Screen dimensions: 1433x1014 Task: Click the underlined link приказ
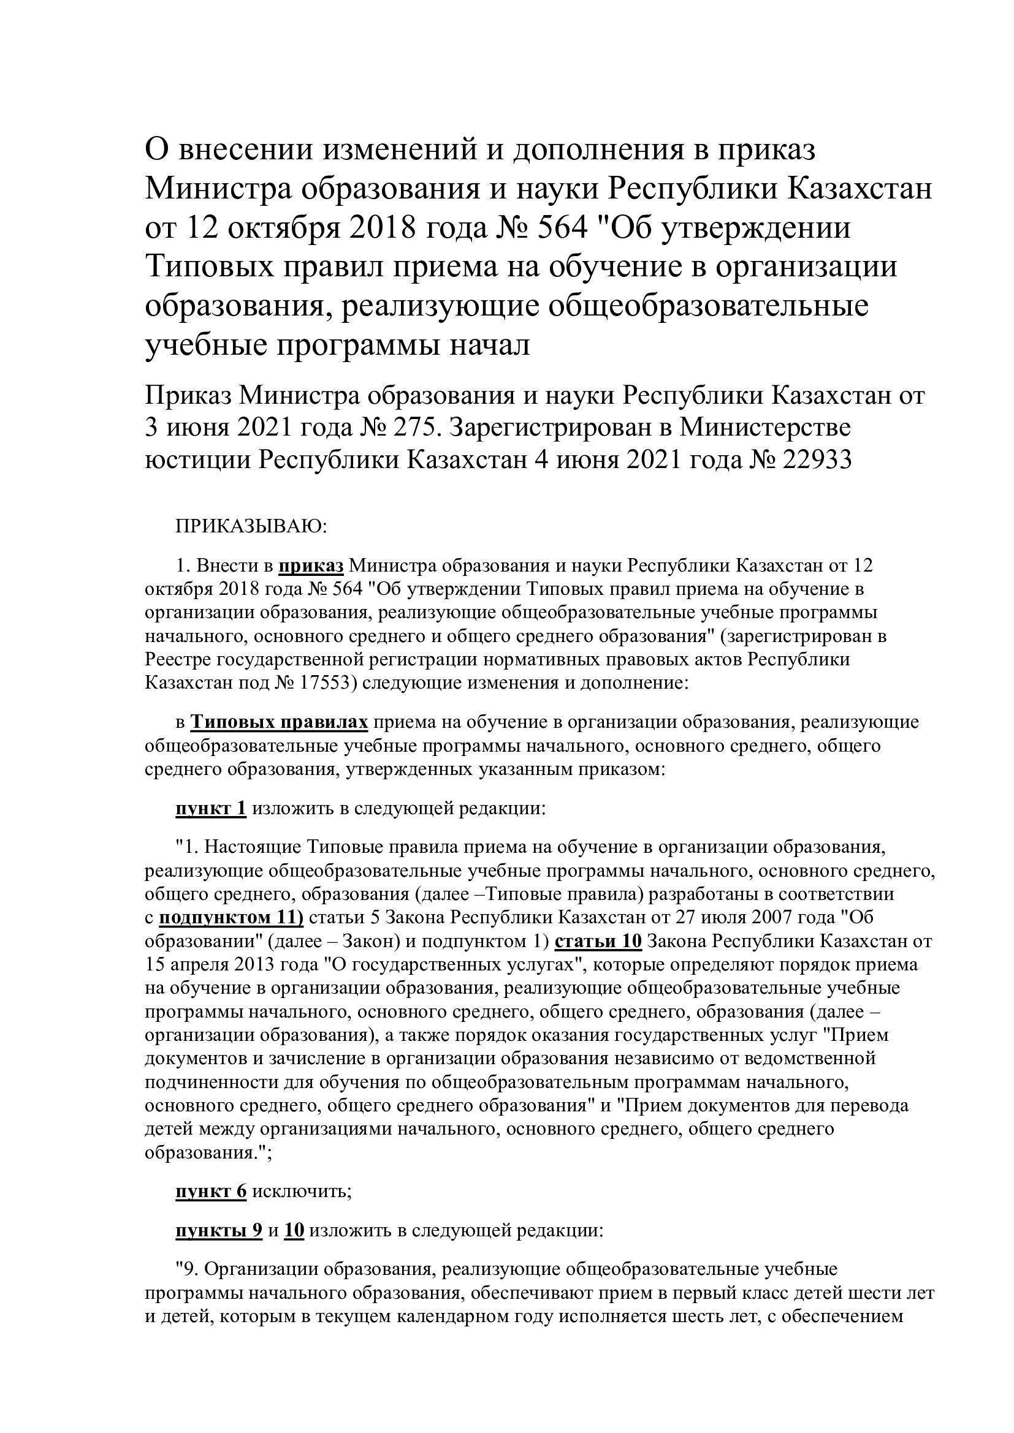(311, 566)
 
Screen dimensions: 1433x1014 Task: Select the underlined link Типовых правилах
(279, 722)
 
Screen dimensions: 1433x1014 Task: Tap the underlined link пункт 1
(211, 809)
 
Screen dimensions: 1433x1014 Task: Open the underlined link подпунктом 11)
(231, 918)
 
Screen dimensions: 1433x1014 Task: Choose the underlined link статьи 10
(598, 941)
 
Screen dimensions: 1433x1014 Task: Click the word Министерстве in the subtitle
(765, 428)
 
